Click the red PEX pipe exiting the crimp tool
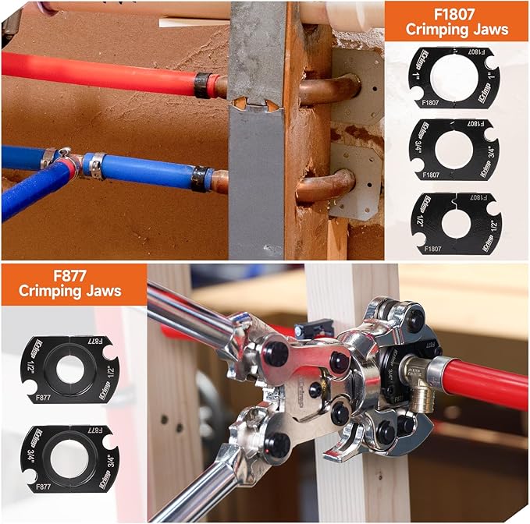coord(485,382)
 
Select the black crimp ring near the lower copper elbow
coord(202,179)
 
